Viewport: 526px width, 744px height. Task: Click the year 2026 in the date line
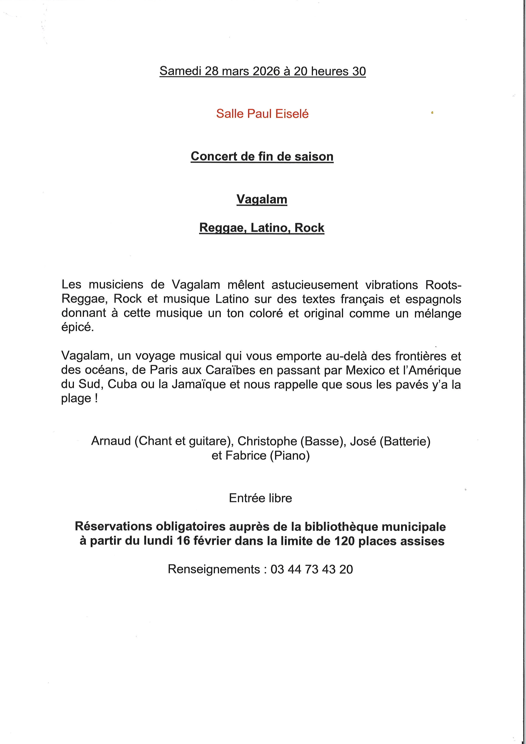[266, 71]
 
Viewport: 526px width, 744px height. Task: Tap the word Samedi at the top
[180, 71]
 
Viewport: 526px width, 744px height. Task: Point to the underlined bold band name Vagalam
[262, 199]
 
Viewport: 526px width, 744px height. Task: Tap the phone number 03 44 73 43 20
[311, 569]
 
